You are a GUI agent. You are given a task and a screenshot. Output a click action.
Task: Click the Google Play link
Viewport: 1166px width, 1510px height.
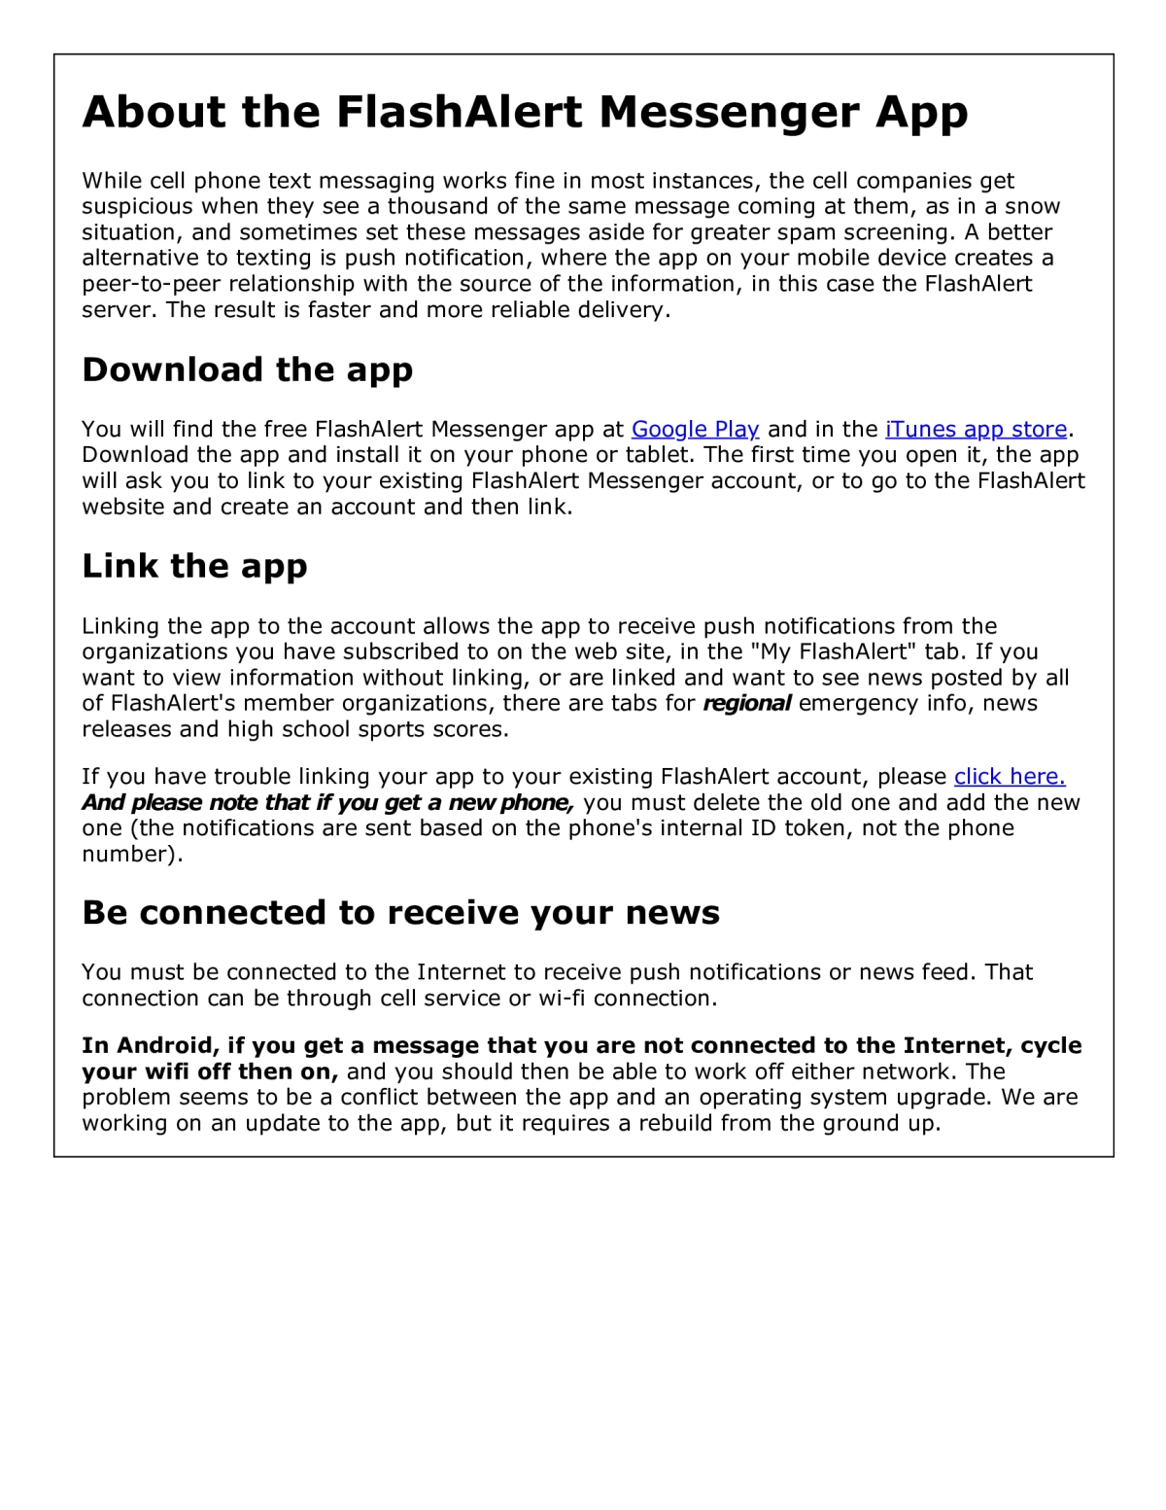(695, 429)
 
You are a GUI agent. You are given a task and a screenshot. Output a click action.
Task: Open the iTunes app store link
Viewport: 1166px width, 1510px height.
(976, 429)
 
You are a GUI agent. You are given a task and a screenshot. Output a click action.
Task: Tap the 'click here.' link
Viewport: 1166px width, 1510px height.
(1010, 776)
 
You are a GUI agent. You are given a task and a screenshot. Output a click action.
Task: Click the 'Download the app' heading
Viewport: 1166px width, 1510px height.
(248, 369)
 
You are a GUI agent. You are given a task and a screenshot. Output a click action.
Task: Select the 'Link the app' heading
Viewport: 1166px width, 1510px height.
(194, 566)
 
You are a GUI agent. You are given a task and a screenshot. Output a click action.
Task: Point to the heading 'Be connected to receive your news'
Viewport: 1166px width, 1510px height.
(400, 913)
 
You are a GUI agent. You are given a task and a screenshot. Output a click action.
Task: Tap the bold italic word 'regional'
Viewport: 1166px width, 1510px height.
(746, 703)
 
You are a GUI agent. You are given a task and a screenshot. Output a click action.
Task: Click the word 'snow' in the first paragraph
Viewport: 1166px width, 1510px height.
(1032, 206)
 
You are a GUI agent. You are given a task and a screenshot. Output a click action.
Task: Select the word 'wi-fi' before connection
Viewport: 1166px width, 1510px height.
(562, 998)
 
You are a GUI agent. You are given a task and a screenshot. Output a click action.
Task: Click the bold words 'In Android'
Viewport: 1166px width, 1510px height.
(150, 1045)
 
